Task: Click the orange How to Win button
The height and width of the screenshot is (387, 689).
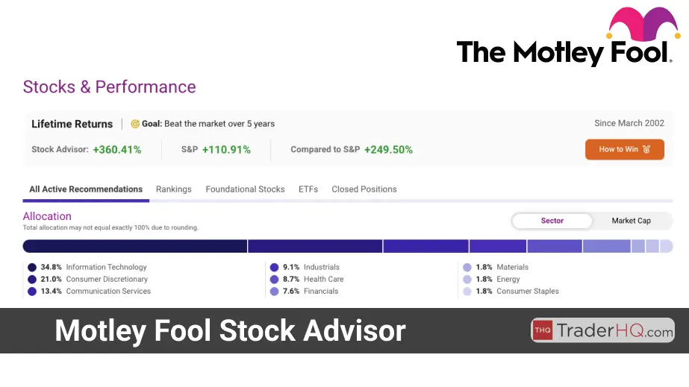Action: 624,149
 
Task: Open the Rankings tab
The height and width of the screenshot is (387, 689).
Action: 174,189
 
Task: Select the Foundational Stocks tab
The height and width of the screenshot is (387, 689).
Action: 245,189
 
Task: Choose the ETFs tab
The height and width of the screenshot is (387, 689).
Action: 308,189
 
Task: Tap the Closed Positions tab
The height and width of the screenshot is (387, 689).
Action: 364,189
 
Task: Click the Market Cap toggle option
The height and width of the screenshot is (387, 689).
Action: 631,221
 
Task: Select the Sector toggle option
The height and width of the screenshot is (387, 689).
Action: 552,221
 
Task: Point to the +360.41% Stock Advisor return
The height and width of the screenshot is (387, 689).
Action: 117,150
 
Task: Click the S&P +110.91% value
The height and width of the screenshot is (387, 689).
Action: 226,150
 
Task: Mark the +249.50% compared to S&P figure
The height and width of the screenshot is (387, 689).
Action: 388,150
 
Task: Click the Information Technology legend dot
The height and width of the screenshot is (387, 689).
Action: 32,267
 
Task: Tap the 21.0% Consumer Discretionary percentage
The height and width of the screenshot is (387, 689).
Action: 51,279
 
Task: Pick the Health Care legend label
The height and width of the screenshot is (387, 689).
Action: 324,279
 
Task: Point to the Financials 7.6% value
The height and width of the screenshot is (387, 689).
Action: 291,291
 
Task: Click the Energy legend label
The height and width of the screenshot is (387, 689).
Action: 508,279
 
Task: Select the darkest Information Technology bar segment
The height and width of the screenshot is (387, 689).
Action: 135,246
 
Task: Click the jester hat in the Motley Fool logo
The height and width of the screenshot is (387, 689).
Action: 643,23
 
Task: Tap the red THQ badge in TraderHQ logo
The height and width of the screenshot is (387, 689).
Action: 543,330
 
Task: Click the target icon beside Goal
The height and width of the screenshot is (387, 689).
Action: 135,125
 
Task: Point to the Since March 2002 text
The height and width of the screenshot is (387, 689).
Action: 629,123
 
